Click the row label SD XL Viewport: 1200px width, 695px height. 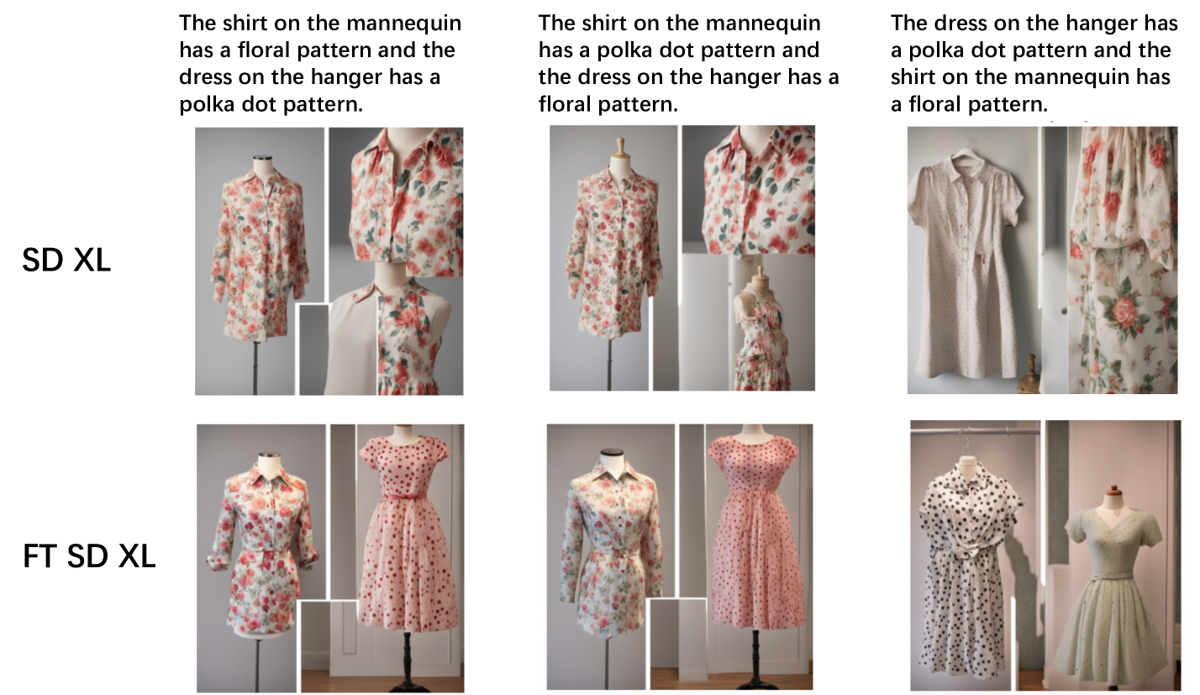pos(66,261)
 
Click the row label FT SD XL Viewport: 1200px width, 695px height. pos(89,556)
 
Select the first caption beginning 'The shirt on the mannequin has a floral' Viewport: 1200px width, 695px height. pos(320,63)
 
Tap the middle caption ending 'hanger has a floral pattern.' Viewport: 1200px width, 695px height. pos(688,63)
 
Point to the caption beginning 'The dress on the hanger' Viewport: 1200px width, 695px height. pos(1034,63)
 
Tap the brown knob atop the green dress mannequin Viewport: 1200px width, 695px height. pos(1115,490)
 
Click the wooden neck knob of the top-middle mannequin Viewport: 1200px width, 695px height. pos(620,146)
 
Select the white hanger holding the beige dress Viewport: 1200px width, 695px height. pos(961,151)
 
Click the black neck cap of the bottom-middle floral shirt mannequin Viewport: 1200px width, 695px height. pos(613,453)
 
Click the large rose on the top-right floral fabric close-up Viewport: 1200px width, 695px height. pos(1123,311)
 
